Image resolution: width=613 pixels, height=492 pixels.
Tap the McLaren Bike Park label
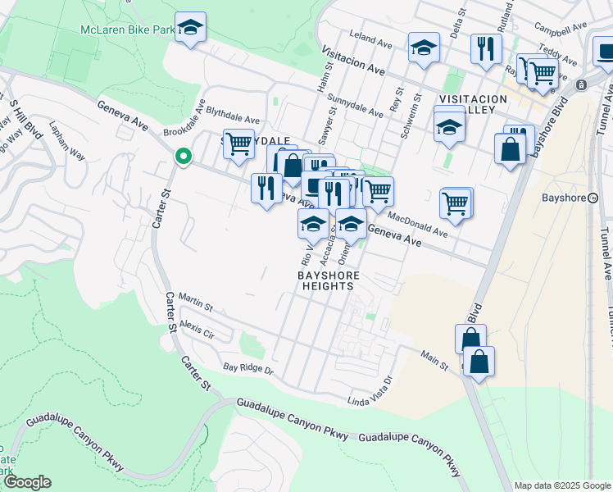click(x=127, y=30)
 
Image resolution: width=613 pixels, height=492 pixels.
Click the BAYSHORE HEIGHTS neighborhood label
click(x=326, y=280)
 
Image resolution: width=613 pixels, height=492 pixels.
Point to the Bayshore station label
click(x=565, y=198)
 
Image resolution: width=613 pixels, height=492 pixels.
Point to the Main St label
click(x=434, y=361)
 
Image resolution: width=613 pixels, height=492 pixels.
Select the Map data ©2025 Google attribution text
click(x=561, y=485)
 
